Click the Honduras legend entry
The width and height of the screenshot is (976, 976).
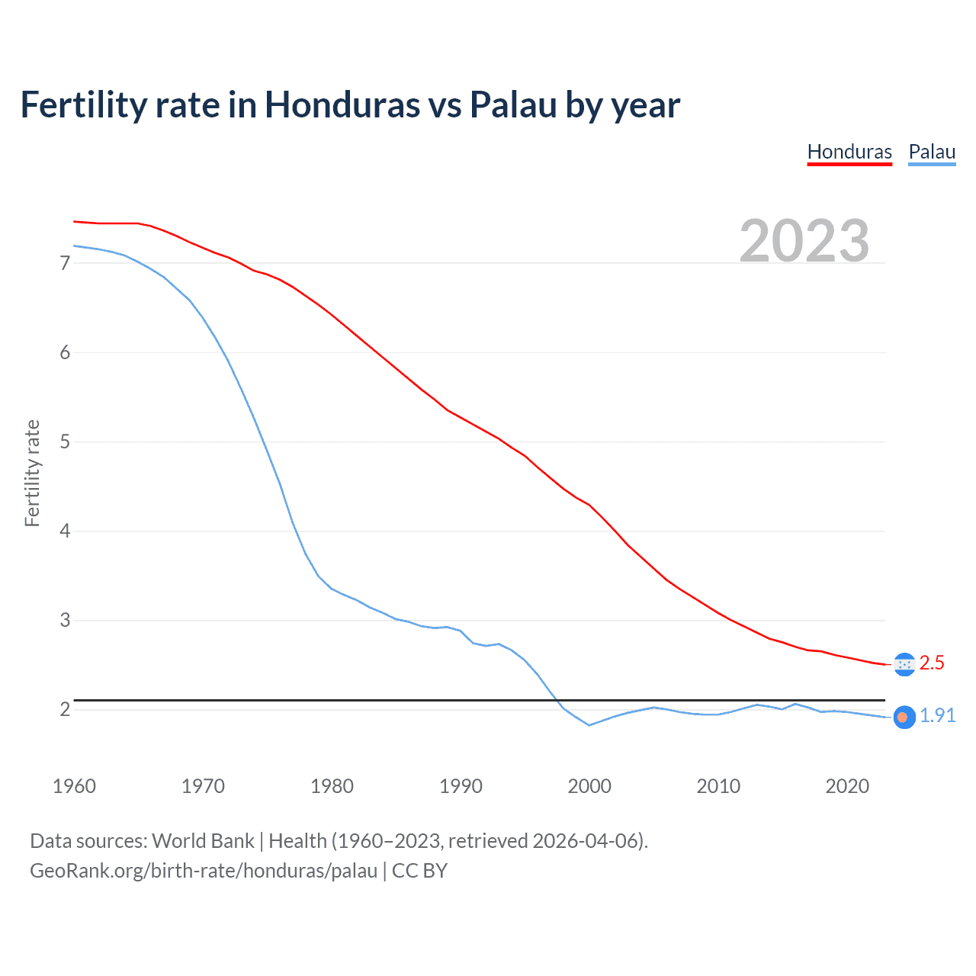pyautogui.click(x=849, y=152)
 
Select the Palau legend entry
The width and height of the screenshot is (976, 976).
pyautogui.click(x=932, y=152)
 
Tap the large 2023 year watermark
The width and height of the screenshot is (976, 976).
pyautogui.click(x=804, y=241)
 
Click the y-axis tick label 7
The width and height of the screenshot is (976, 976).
pyautogui.click(x=65, y=263)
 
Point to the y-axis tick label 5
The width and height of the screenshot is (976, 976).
pyautogui.click(x=65, y=441)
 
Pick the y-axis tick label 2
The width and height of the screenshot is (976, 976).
pyautogui.click(x=65, y=709)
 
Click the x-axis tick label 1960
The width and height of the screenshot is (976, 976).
pyautogui.click(x=74, y=786)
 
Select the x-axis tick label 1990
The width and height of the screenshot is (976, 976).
pyautogui.click(x=461, y=786)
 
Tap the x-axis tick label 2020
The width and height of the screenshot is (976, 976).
pyautogui.click(x=847, y=786)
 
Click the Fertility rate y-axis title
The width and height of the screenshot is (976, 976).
pyautogui.click(x=32, y=473)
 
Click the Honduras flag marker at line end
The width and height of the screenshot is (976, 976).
pyautogui.click(x=904, y=664)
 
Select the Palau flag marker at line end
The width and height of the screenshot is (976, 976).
pyautogui.click(x=904, y=718)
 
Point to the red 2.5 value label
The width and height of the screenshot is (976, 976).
pyautogui.click(x=932, y=663)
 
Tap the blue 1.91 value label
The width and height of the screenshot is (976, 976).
pyautogui.click(x=937, y=715)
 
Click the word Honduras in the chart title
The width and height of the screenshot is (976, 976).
pyautogui.click(x=342, y=104)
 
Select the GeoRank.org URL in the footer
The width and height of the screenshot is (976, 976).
pyautogui.click(x=204, y=871)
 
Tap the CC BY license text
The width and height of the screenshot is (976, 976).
pyautogui.click(x=419, y=871)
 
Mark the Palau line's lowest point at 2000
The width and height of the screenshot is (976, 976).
pyautogui.click(x=589, y=725)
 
